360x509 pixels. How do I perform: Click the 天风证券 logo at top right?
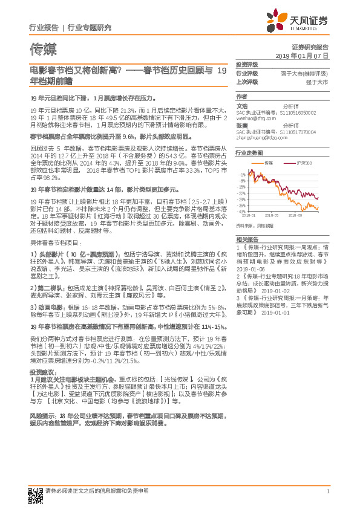click(x=299, y=21)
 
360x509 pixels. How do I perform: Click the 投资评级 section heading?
click(x=247, y=65)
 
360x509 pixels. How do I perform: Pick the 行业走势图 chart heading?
click(x=249, y=154)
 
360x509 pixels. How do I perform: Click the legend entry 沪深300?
click(x=304, y=164)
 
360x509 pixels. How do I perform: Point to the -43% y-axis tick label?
click(x=241, y=212)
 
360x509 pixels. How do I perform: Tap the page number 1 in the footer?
click(x=327, y=491)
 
